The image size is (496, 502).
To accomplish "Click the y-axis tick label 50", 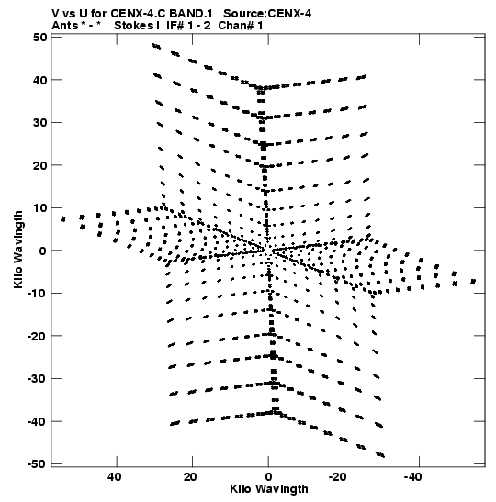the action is pos(39,37).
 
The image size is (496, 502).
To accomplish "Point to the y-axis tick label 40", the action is pos(39,80).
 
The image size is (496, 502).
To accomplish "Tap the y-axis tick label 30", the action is pos(39,122).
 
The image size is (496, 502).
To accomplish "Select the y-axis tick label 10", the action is pos(40,207).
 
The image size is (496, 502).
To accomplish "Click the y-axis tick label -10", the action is pos(37,294).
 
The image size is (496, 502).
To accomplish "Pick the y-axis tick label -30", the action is pos(37,379).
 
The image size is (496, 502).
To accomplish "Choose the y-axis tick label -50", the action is pos(37,464).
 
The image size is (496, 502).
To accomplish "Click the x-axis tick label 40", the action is pos(115,477).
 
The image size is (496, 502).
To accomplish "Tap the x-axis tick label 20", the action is pos(190,477).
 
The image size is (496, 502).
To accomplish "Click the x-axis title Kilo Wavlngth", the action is pos(269,489).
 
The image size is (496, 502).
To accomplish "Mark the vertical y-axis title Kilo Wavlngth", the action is pos(18,250).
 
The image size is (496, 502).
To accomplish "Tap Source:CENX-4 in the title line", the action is pos(267,14).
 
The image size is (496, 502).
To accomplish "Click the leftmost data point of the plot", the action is pos(63,219).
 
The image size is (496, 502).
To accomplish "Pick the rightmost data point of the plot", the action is pos(473,282).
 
